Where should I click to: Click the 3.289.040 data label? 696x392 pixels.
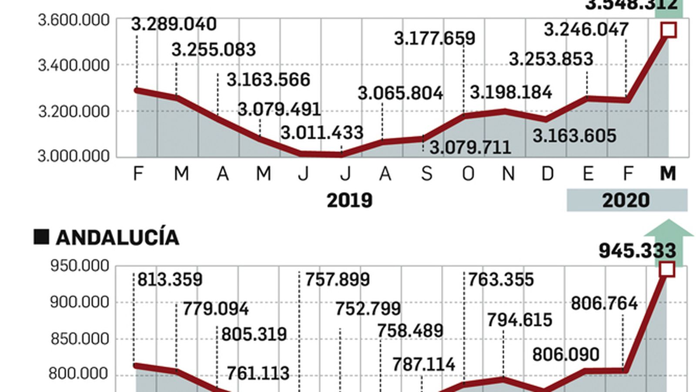tap(174, 24)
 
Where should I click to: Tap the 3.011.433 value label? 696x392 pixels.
tap(322, 133)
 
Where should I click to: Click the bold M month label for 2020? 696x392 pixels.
tap(668, 174)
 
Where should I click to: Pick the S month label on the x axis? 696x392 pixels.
tap(427, 174)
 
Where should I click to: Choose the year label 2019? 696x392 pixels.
tap(349, 200)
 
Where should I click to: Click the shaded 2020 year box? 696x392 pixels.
tap(626, 200)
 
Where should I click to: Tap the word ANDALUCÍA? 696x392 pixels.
tap(117, 238)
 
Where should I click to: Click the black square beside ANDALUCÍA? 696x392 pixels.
tap(42, 237)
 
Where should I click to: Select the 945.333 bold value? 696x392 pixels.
tap(637, 251)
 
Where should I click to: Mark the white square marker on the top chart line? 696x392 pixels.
tap(669, 30)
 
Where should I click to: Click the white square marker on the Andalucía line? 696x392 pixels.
tap(667, 269)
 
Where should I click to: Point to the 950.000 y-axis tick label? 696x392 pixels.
tap(80, 266)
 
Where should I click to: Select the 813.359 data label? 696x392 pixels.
tap(170, 280)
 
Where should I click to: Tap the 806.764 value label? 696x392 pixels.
tap(604, 304)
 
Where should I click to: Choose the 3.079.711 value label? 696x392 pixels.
tap(470, 148)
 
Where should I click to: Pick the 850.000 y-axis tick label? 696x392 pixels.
tap(80, 339)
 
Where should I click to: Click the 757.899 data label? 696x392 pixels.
tap(337, 280)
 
